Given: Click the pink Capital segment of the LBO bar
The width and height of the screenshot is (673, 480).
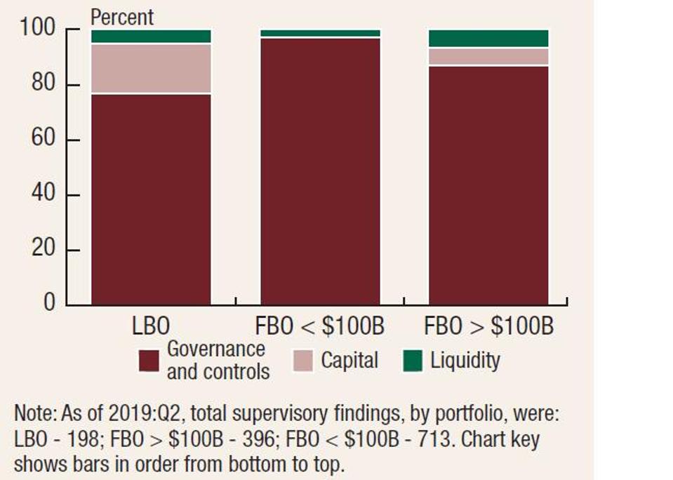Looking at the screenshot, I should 151,68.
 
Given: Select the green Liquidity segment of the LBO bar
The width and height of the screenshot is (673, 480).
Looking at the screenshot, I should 151,36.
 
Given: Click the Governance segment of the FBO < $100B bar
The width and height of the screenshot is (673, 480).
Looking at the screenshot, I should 320,171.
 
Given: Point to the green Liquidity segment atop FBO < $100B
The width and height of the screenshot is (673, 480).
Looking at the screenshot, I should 320,33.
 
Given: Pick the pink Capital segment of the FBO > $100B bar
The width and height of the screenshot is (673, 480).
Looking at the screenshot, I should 488,56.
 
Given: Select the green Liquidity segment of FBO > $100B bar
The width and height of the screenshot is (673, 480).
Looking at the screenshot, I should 488,39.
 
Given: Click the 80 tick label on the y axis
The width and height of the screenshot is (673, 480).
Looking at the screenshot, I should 42,84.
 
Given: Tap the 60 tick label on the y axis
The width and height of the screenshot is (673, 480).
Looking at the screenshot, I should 42,139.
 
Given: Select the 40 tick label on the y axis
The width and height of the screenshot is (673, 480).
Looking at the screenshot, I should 42,194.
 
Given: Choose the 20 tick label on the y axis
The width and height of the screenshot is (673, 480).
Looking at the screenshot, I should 42,249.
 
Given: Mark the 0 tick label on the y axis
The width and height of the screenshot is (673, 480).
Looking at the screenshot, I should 49,302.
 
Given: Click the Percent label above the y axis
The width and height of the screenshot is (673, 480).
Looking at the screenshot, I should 122,17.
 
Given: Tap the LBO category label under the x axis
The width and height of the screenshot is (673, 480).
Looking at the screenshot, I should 151,327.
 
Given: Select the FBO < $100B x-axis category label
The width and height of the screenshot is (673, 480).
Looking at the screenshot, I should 320,327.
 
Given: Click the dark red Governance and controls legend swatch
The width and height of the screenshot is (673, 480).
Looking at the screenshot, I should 149,361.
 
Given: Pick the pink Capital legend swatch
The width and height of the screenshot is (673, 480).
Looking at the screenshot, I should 303,361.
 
